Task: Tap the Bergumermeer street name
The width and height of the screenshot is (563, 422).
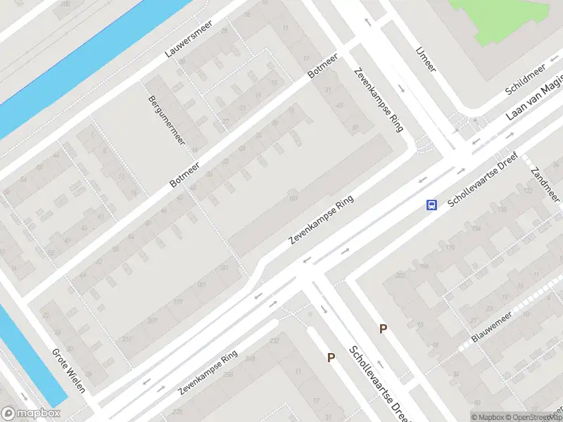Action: [x=167, y=120]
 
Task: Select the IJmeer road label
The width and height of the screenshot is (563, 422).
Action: [x=426, y=59]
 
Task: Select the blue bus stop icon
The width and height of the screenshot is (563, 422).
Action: [x=431, y=205]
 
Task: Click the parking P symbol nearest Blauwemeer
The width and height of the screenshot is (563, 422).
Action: [x=384, y=328]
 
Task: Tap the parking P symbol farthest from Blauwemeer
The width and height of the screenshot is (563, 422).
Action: [x=331, y=357]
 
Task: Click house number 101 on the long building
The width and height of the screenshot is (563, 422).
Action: [x=293, y=199]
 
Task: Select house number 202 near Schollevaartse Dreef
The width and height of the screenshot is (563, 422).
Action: [x=400, y=275]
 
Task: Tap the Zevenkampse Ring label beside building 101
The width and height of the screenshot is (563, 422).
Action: [x=320, y=220]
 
